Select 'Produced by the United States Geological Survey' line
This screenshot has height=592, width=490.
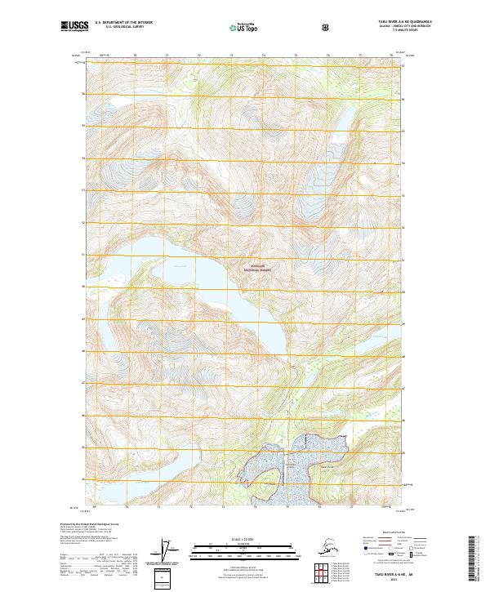pos(85,523)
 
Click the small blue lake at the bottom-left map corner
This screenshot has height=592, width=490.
pos(89,501)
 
